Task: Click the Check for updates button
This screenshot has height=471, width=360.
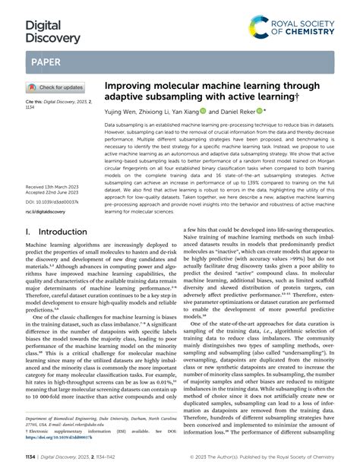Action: [x=56, y=87]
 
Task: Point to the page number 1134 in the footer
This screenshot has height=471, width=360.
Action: [x=33, y=457]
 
